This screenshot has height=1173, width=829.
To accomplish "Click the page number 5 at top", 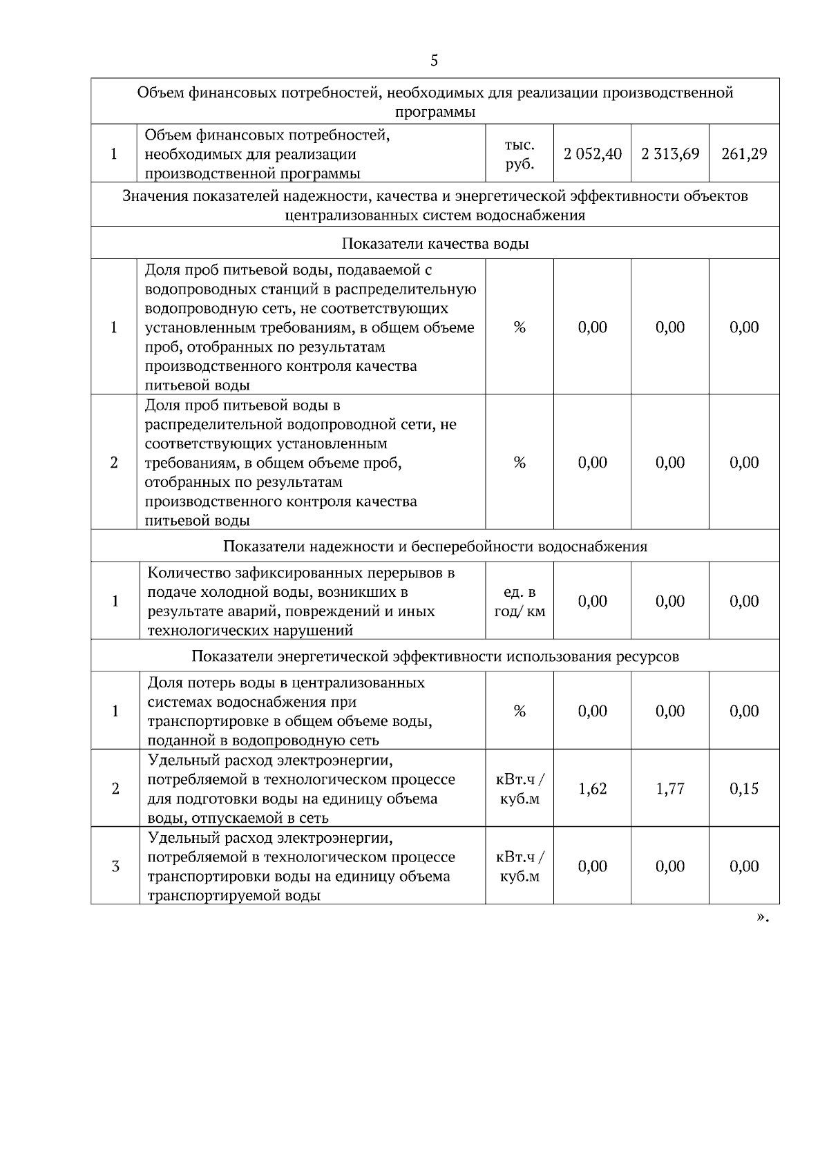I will pos(434,61).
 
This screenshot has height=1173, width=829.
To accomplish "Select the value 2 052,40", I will pos(592,154).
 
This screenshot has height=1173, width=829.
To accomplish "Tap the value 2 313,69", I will pos(669,154).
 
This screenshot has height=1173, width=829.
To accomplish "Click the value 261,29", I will pos(744,154).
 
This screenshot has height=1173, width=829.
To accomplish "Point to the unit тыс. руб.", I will pos(520,155).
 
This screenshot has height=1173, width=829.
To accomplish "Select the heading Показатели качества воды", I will pos(435,244).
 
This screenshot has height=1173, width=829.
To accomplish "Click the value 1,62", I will pos(592,789).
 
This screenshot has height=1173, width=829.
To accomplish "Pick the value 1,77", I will pos(669,789).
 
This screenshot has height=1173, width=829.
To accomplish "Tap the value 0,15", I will pos(744,789).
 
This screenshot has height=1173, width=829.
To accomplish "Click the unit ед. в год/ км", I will pos(520,602).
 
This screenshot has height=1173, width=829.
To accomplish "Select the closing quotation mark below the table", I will pos(761,917).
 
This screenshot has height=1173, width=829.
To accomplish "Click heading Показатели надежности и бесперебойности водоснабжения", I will pos(435,546).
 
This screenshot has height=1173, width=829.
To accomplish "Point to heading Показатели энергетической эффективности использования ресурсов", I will pos(435,656).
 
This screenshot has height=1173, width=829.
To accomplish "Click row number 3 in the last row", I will pos(115,866).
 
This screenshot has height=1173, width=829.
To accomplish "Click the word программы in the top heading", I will pos(435,112).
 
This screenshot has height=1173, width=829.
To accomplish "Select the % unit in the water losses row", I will pos(520,712).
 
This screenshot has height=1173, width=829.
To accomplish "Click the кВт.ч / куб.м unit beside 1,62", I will pos(520,789).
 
